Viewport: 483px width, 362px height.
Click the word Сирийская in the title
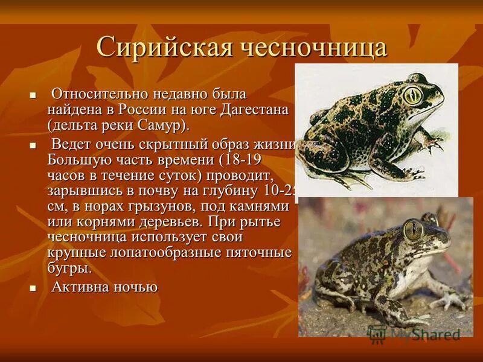pos(161,48)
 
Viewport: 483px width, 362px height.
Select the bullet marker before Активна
pos(34,289)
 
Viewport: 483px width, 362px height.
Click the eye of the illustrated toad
pos(412,94)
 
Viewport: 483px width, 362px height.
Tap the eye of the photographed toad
pos(414,228)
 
